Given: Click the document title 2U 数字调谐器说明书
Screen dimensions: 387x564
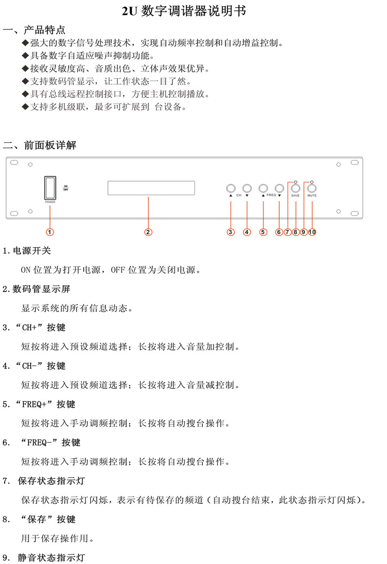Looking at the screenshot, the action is [184, 11].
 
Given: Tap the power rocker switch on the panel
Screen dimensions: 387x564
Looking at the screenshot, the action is [50, 188].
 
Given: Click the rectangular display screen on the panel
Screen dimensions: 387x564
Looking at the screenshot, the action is [151, 188].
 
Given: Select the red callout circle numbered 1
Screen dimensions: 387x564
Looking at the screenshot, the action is [50, 232].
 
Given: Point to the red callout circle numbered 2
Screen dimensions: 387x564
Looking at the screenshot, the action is [148, 232].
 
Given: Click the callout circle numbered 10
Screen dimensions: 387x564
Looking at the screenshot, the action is [312, 232].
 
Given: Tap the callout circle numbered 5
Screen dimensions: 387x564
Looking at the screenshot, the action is [263, 232].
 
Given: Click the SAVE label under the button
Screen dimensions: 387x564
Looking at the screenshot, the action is [295, 196].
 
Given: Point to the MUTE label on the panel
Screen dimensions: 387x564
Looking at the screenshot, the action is [312, 196].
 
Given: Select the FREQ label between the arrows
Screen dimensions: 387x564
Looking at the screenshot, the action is [271, 195].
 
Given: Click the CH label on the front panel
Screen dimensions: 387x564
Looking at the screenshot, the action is [239, 196].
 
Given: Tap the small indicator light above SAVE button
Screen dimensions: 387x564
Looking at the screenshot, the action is [296, 182].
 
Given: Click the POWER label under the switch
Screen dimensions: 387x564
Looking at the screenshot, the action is [50, 202].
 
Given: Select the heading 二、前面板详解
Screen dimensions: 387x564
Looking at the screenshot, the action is [39, 145].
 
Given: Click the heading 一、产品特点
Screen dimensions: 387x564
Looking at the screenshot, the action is [34, 30].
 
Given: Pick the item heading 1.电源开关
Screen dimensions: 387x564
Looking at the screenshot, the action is [27, 251].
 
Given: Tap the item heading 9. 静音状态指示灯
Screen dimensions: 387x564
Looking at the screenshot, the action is [44, 557].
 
